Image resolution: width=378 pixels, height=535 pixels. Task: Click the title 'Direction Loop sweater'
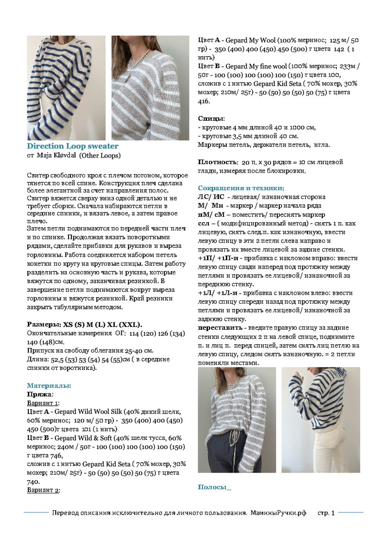click(72, 146)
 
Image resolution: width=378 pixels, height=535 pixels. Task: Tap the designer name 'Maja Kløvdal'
click(57, 155)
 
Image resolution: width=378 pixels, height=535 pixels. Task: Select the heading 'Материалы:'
click(49, 386)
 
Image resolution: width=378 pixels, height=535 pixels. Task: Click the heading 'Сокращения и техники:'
click(241, 188)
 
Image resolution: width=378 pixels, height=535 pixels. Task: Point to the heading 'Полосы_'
click(215, 487)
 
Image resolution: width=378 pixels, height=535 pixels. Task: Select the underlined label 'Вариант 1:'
click(43, 403)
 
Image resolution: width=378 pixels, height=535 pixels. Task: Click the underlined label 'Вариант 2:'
click(43, 491)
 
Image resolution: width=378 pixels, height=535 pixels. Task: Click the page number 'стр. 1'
click(326, 513)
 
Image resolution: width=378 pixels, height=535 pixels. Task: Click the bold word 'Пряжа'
click(39, 394)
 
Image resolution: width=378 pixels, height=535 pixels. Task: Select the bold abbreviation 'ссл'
click(203, 223)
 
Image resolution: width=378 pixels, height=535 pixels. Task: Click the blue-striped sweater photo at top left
click(66, 88)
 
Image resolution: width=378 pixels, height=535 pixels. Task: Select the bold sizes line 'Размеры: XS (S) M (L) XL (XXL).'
click(85, 325)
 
